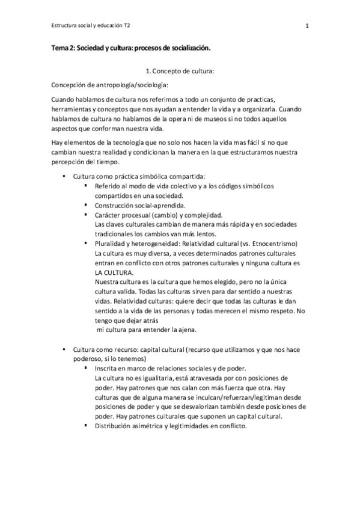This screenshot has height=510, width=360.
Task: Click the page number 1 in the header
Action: (307, 26)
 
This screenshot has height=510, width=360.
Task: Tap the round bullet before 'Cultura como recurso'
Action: (64, 349)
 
